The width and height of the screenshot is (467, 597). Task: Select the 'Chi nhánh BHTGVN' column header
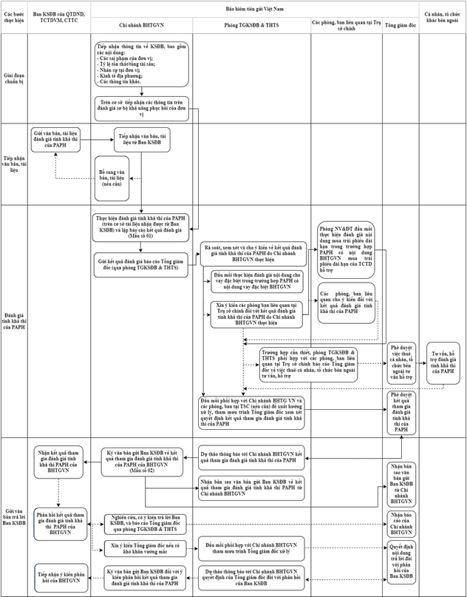coord(141,25)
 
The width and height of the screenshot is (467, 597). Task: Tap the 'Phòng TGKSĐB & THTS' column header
coord(250,25)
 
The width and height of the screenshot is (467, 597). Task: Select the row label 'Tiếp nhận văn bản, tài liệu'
coord(15,163)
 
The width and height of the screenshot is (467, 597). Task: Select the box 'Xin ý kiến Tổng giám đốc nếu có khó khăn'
coord(145,549)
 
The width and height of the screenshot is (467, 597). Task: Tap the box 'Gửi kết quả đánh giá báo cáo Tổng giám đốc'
coord(141,264)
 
